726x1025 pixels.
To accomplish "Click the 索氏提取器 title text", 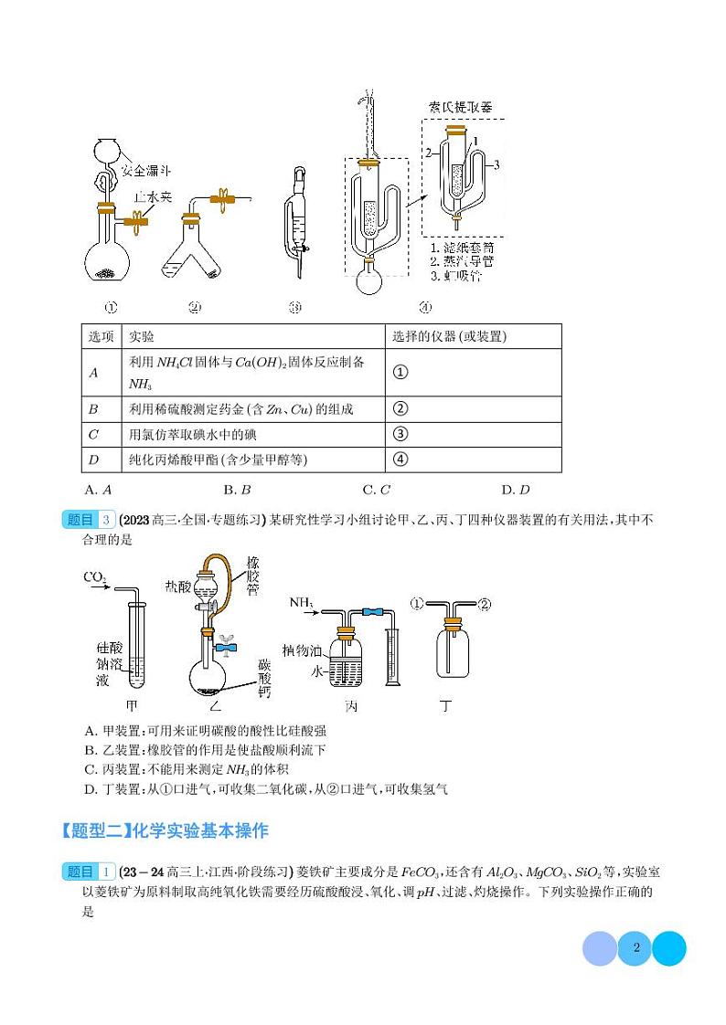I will [x=460, y=107].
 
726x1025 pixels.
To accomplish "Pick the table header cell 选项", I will [x=101, y=336].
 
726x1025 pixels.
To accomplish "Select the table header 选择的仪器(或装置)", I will [x=449, y=336].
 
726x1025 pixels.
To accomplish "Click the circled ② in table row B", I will [x=399, y=408].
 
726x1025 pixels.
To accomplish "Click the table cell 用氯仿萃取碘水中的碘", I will [x=189, y=434].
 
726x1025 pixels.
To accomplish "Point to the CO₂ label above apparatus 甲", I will [x=95, y=577].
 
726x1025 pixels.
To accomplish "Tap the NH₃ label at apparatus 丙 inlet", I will [x=302, y=603].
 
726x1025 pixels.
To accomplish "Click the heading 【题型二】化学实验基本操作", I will [x=165, y=831].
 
